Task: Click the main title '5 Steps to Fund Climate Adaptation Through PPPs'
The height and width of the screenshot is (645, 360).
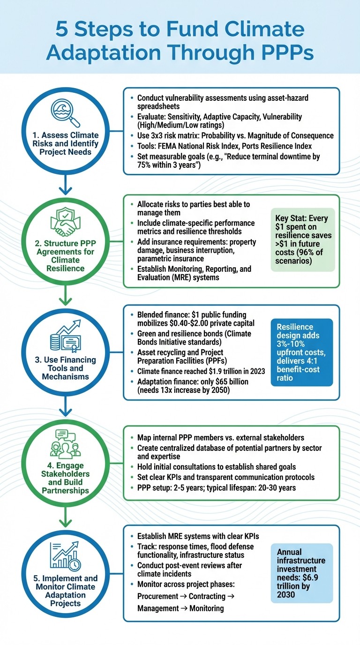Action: point(180,41)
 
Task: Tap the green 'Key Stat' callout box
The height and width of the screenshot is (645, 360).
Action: point(302,240)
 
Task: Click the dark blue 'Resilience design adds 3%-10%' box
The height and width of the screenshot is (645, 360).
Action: point(301,352)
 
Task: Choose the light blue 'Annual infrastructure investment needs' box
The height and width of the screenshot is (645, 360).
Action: point(301,573)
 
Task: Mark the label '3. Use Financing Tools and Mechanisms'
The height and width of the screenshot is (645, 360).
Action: point(66,368)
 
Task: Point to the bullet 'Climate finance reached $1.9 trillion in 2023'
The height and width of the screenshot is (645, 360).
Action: point(201,371)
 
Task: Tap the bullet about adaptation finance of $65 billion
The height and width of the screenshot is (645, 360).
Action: point(192,386)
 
